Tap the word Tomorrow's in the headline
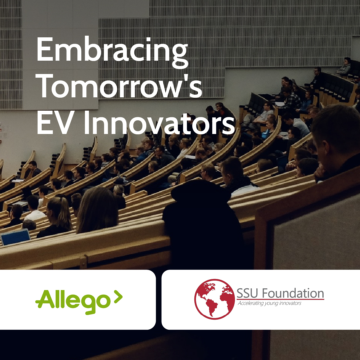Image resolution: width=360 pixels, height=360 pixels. (x=119, y=87)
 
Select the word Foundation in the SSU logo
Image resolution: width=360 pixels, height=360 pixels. (x=293, y=293)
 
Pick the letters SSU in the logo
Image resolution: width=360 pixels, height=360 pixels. (x=247, y=293)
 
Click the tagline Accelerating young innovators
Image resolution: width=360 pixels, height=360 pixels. (x=269, y=303)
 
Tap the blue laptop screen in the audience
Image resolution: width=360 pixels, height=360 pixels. (x=15, y=237)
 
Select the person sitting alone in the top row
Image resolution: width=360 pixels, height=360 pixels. (x=345, y=67)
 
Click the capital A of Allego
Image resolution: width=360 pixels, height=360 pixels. (x=43, y=299)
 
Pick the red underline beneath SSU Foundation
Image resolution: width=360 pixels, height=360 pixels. (x=280, y=299)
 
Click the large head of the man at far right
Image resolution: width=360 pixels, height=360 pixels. (x=337, y=133)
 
